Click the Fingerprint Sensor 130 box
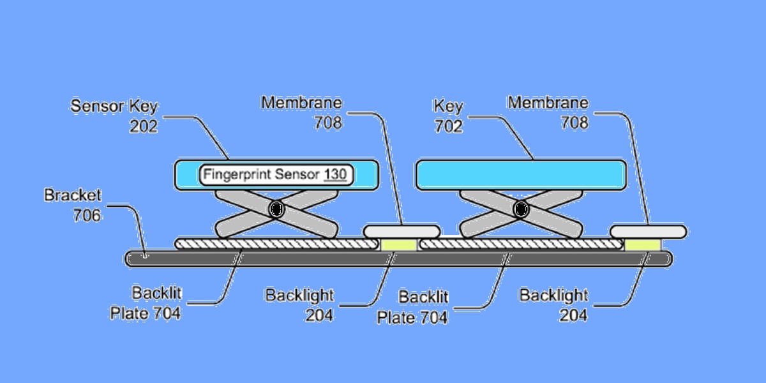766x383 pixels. (276, 175)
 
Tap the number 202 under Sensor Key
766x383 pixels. (143, 126)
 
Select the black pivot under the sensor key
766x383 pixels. (276, 209)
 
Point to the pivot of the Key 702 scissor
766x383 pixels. (521, 209)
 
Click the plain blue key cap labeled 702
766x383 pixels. (521, 175)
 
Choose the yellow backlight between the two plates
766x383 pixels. (399, 245)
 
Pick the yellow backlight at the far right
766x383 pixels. (643, 245)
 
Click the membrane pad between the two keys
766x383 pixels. (402, 232)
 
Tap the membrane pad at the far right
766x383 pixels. (649, 232)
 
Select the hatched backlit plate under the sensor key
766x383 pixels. (276, 244)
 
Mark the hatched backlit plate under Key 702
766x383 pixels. (521, 244)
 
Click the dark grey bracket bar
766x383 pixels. (399, 259)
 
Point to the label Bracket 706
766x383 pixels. (73, 205)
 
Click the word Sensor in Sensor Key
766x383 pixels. (97, 106)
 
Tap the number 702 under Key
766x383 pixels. (448, 126)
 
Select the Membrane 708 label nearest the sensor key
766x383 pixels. (301, 112)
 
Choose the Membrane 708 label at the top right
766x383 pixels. (548, 112)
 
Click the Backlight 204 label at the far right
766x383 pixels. (553, 305)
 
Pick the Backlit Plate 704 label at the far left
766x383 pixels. (146, 303)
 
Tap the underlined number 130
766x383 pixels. (335, 174)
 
